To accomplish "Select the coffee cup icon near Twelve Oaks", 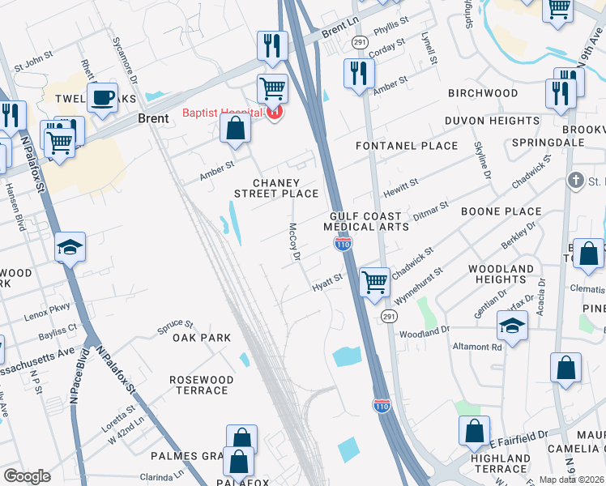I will click(103, 98).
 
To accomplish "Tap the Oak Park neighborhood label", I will click(201, 338).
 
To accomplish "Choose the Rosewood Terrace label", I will click(201, 385).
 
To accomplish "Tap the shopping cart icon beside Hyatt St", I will click(374, 283).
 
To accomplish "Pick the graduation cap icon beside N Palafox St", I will click(70, 247).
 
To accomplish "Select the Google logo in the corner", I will click(27, 475).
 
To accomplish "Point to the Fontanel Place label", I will click(408, 146).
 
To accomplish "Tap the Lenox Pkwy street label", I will click(48, 309).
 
